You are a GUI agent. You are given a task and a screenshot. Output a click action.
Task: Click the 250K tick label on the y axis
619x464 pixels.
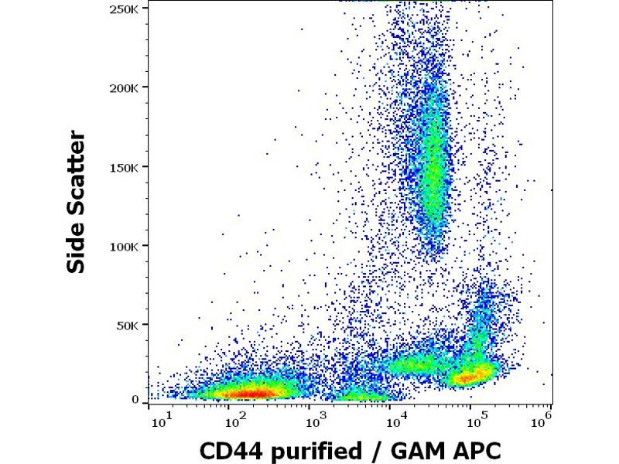(125, 9)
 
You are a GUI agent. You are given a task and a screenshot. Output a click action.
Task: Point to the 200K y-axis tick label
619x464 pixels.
(125, 87)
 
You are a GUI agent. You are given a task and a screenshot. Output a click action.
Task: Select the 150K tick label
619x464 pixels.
(125, 167)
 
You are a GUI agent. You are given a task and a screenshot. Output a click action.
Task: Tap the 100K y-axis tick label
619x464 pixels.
(125, 246)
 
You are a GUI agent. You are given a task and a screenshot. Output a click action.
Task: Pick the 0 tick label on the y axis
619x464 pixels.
(135, 400)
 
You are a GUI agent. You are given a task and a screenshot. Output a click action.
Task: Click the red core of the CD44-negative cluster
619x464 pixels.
(251, 394)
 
